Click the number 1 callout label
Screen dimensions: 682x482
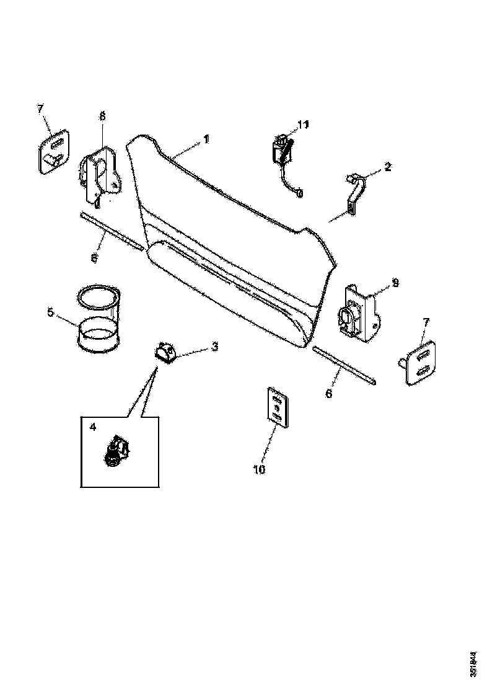[206, 140]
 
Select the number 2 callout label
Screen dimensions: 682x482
[388, 167]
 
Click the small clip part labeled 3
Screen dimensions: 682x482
[165, 353]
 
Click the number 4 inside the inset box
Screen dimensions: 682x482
[93, 427]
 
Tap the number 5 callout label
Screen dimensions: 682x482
[50, 313]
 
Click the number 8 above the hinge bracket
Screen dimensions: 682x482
[102, 116]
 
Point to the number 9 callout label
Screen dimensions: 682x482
[395, 283]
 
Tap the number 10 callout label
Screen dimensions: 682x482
[259, 470]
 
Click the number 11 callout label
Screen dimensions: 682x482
[303, 125]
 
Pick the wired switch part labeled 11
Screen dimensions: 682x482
[283, 155]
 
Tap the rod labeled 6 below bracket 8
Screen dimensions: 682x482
[112, 232]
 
